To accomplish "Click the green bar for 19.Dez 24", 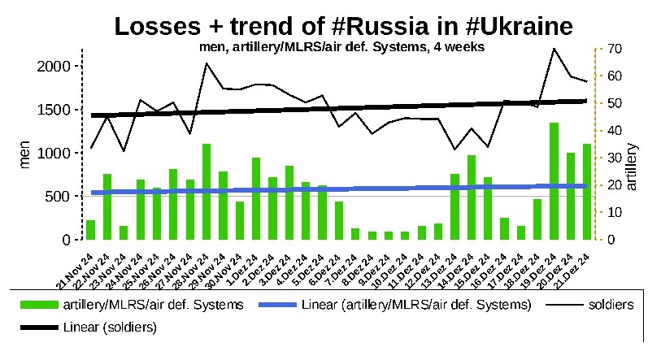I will [x=554, y=182].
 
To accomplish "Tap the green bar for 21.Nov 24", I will [x=91, y=231].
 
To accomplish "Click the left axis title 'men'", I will [x=24, y=153].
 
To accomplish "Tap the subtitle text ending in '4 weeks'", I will [x=341, y=47].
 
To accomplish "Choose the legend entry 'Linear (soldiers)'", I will [x=109, y=327].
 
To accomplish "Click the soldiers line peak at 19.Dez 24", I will [x=554, y=49].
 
